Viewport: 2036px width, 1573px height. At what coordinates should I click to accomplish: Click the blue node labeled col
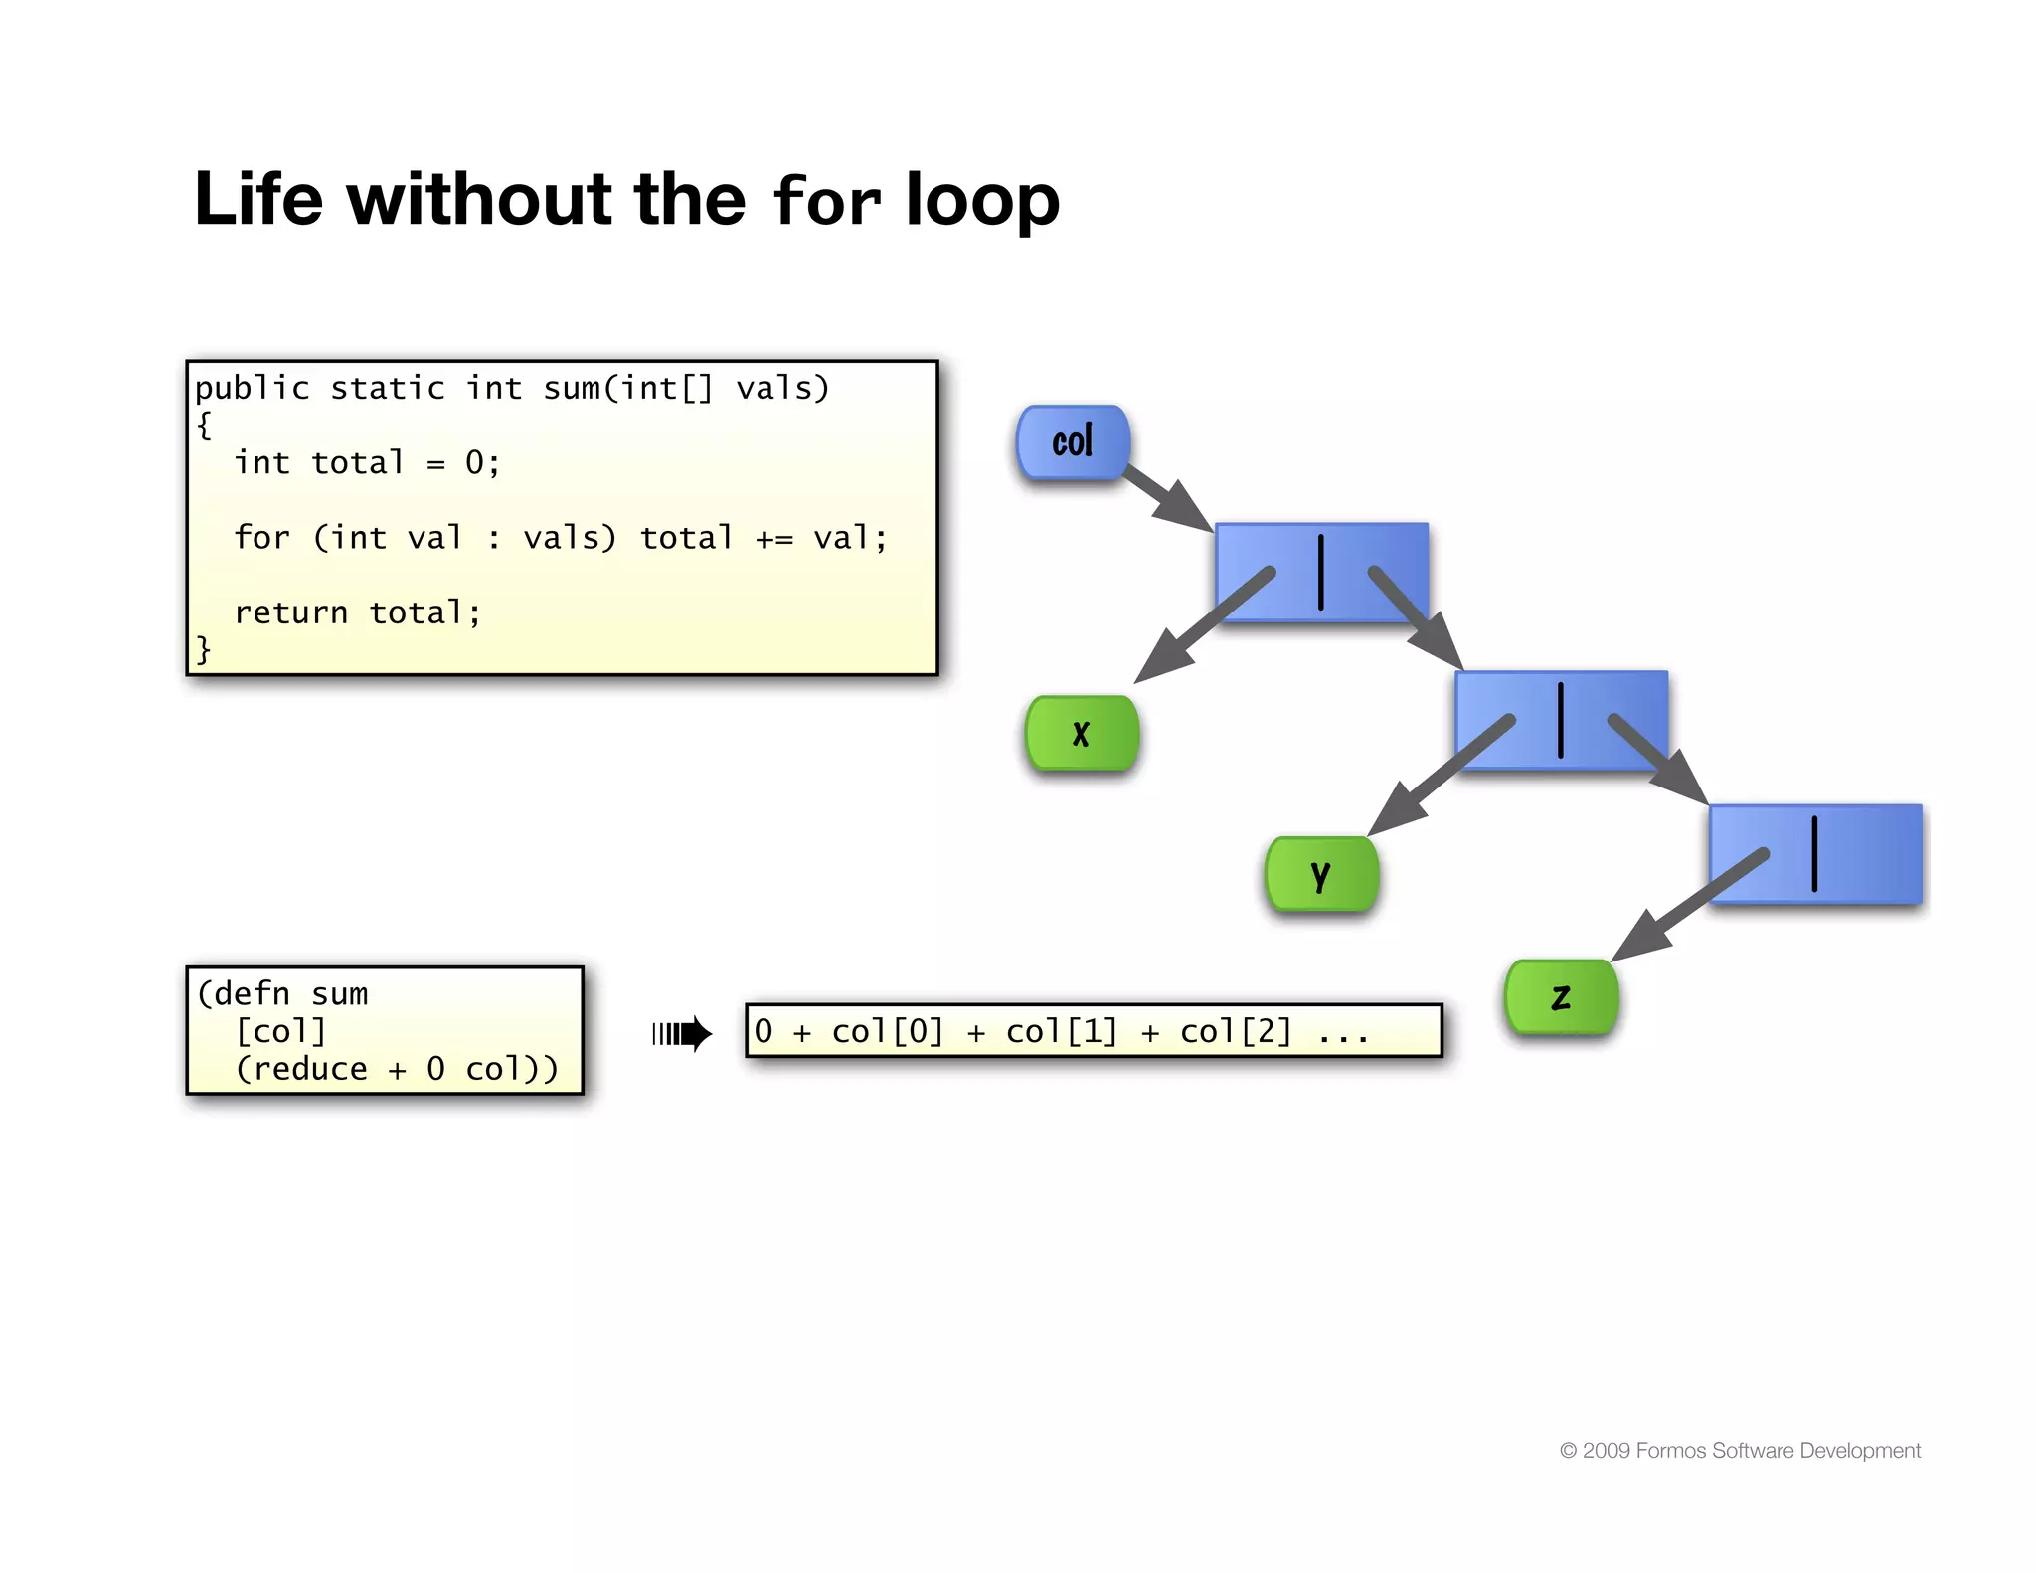(x=1073, y=442)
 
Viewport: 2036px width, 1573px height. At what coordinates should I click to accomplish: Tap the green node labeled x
(x=1082, y=734)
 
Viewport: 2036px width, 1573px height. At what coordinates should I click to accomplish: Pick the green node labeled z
(x=1561, y=997)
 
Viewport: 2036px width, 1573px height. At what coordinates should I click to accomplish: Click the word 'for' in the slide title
(x=826, y=200)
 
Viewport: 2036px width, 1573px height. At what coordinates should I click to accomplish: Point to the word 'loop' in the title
(x=982, y=202)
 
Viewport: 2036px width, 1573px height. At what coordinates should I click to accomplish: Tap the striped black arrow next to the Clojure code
(x=682, y=1034)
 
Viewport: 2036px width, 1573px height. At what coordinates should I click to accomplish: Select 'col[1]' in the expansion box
(x=1062, y=1032)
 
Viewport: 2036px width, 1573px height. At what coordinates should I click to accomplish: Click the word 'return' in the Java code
(x=290, y=612)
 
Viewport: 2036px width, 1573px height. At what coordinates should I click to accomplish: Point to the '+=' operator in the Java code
(x=774, y=539)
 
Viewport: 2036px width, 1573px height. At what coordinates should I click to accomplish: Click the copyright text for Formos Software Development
(x=1740, y=1451)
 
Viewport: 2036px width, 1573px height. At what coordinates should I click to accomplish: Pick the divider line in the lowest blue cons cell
(x=1814, y=853)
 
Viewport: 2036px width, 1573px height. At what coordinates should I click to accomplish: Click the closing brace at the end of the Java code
(x=204, y=649)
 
